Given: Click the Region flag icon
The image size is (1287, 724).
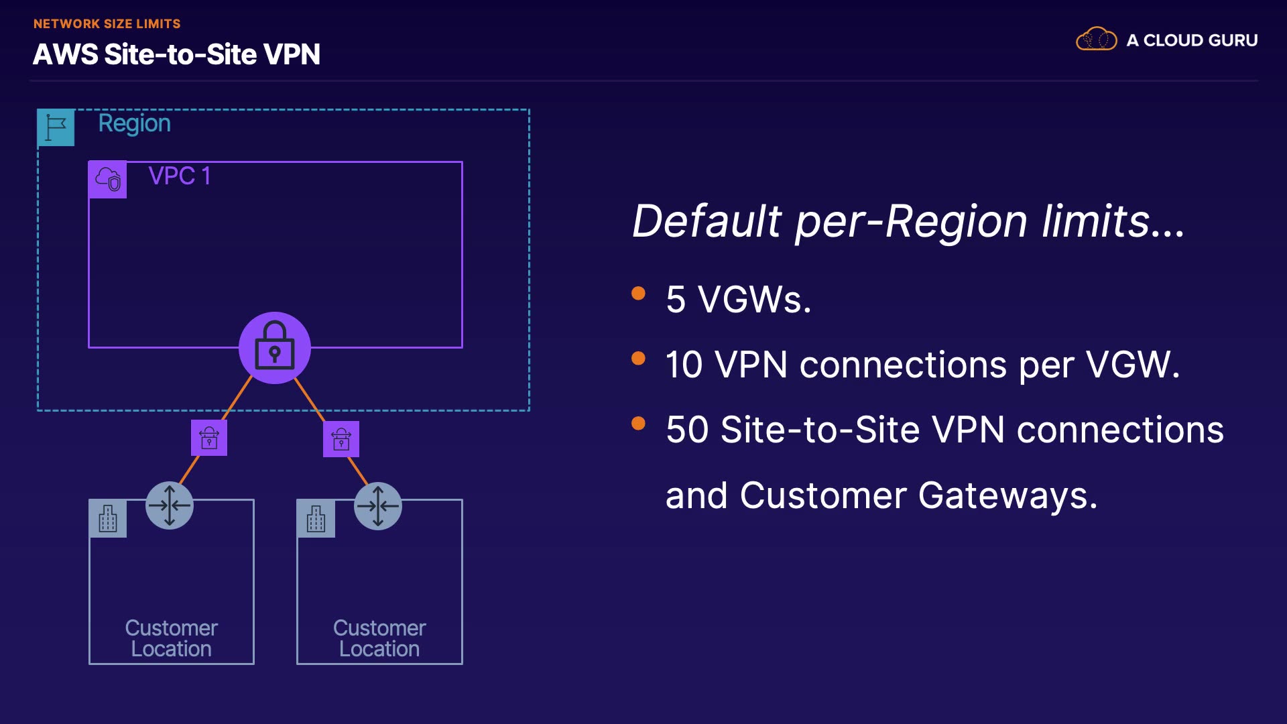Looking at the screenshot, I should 56,127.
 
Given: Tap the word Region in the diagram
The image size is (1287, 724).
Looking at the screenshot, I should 134,124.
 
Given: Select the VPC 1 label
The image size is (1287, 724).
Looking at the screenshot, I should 180,176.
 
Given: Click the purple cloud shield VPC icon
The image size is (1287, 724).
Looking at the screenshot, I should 108,180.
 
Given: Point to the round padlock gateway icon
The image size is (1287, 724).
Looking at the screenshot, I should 275,347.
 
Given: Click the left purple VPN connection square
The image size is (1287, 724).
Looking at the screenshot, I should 209,438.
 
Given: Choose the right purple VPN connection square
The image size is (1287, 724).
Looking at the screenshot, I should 341,439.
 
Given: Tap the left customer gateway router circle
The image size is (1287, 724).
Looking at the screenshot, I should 170,505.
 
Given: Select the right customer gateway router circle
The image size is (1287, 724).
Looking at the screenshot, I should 378,505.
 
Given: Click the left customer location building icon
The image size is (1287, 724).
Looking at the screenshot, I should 108,519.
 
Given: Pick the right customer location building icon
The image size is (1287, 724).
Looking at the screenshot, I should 316,519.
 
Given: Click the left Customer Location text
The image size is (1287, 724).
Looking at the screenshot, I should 172,638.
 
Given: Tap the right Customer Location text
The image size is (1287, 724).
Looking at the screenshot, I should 379,638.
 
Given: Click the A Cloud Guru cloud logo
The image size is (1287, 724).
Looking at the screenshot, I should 1096,40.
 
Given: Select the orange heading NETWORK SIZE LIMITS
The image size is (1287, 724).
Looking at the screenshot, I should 107,24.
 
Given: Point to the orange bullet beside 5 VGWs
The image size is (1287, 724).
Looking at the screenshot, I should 638,294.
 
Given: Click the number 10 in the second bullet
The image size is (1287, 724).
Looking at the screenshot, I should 684,365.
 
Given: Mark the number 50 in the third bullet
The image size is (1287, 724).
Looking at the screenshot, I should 687,430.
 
